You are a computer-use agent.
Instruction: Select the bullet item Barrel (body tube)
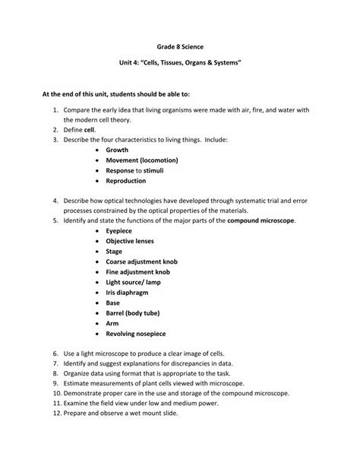tap(135, 323)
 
